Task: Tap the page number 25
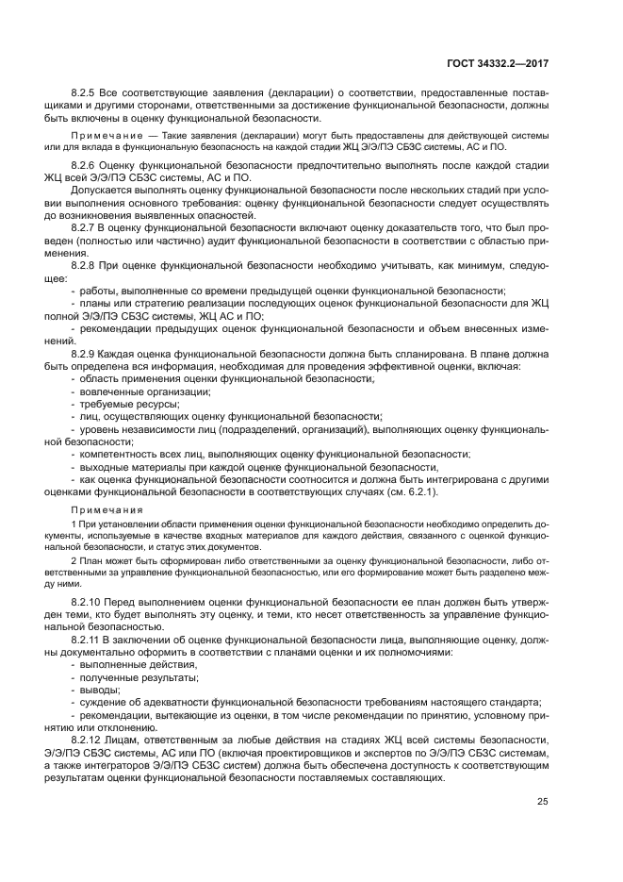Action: pyautogui.click(x=542, y=803)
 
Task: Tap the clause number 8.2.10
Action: pyautogui.click(x=89, y=601)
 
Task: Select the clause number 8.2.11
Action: pyautogui.click(x=89, y=639)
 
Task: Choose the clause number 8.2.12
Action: pyautogui.click(x=89, y=741)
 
